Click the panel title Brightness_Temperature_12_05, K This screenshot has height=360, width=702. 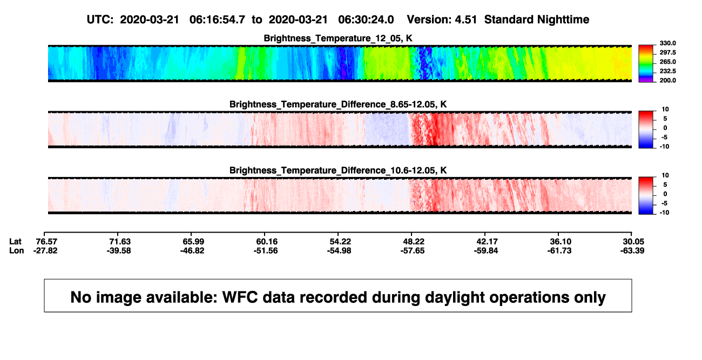[338, 38]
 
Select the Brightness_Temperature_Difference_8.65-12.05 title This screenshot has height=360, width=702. [338, 104]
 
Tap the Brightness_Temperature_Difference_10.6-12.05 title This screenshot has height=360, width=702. [338, 171]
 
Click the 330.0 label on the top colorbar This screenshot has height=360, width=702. [667, 43]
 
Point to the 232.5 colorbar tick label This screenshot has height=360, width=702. [667, 71]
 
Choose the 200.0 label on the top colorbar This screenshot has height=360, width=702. [667, 80]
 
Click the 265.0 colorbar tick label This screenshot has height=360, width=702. [667, 62]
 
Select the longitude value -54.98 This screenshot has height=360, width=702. [339, 250]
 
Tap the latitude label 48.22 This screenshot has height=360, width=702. [414, 242]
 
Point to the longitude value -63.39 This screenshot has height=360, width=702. [632, 250]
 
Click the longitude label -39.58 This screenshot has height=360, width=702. [119, 250]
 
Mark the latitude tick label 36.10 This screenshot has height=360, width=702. [561, 242]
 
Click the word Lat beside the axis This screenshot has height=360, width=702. [15, 242]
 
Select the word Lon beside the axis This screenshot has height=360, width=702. [17, 250]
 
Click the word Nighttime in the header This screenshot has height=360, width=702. [563, 20]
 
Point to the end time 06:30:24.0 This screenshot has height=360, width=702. [366, 20]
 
